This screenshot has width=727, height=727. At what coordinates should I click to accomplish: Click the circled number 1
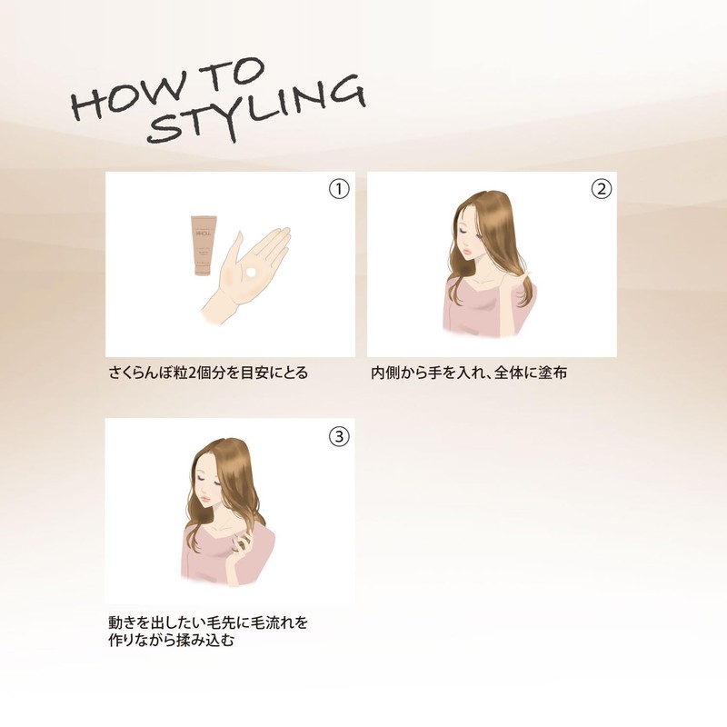339,189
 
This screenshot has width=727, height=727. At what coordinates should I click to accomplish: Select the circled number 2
602,189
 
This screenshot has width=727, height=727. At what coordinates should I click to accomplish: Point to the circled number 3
339,436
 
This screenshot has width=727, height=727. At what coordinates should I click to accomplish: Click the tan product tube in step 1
203,245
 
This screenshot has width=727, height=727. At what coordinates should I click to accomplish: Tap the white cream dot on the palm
251,272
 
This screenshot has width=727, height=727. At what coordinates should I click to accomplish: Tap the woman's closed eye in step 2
464,231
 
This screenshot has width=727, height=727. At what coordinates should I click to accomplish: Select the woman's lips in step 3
204,497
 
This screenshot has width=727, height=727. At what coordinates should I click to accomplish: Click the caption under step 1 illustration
208,373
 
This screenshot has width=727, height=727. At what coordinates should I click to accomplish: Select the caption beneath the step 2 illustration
469,373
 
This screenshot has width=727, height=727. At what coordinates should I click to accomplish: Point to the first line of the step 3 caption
208,622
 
